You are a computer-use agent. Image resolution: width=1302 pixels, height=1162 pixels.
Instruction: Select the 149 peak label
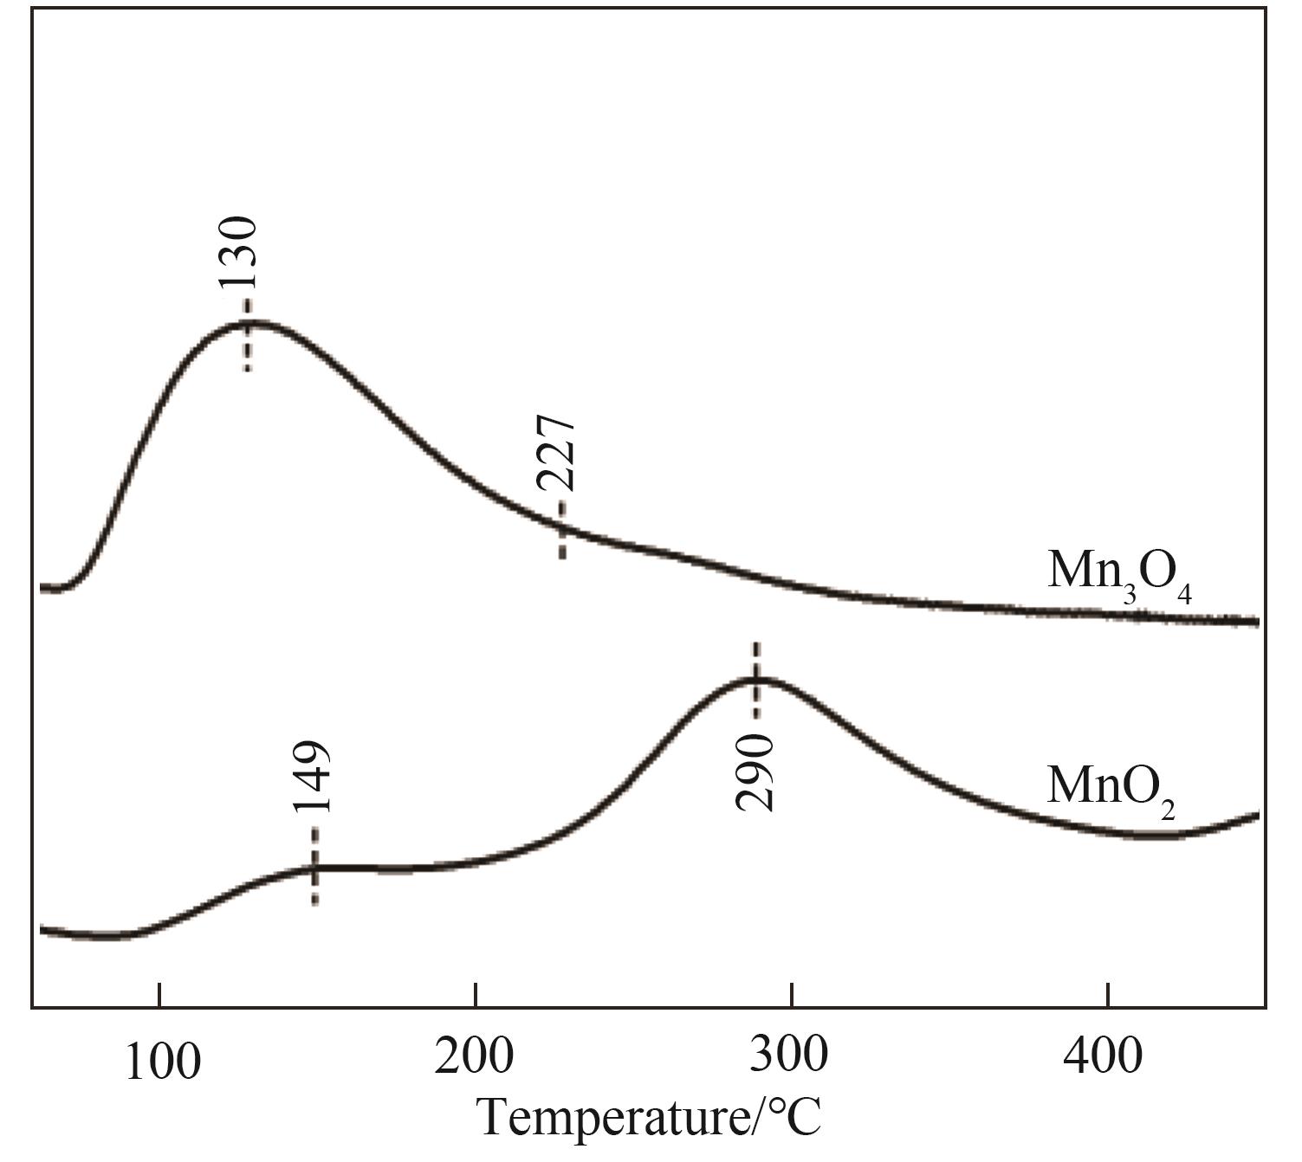[311, 778]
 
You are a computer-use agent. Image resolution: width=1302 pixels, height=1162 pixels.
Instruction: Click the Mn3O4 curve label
[1119, 573]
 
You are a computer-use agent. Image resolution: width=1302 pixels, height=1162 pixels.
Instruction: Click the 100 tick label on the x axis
[162, 1061]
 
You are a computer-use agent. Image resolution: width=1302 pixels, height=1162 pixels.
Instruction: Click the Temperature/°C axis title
[650, 1117]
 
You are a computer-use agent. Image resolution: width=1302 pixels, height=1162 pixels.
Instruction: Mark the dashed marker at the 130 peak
[248, 335]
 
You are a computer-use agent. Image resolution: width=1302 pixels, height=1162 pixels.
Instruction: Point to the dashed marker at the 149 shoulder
[314, 866]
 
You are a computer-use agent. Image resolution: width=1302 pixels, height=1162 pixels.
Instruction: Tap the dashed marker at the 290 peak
[756, 680]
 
